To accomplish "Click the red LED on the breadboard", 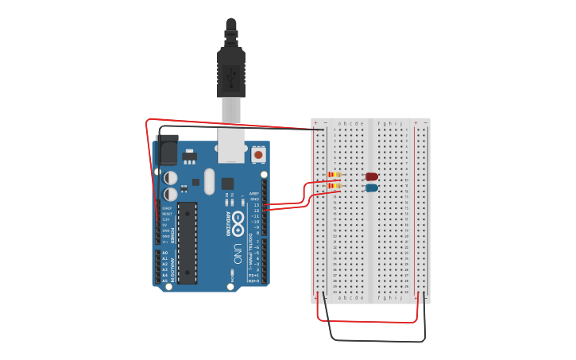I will click(371, 176).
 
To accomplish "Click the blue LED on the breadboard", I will click(371, 188).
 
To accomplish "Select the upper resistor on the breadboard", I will click(334, 175).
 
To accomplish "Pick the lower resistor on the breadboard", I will click(334, 187).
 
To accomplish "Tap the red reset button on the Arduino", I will click(258, 155).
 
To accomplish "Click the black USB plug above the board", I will click(231, 72).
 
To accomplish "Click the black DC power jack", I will click(167, 150).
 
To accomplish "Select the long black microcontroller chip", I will click(187, 242).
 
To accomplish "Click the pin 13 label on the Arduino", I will click(255, 204).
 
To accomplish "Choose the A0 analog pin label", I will click(165, 254).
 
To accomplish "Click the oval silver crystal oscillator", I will click(209, 181).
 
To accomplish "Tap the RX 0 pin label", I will click(254, 281).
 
